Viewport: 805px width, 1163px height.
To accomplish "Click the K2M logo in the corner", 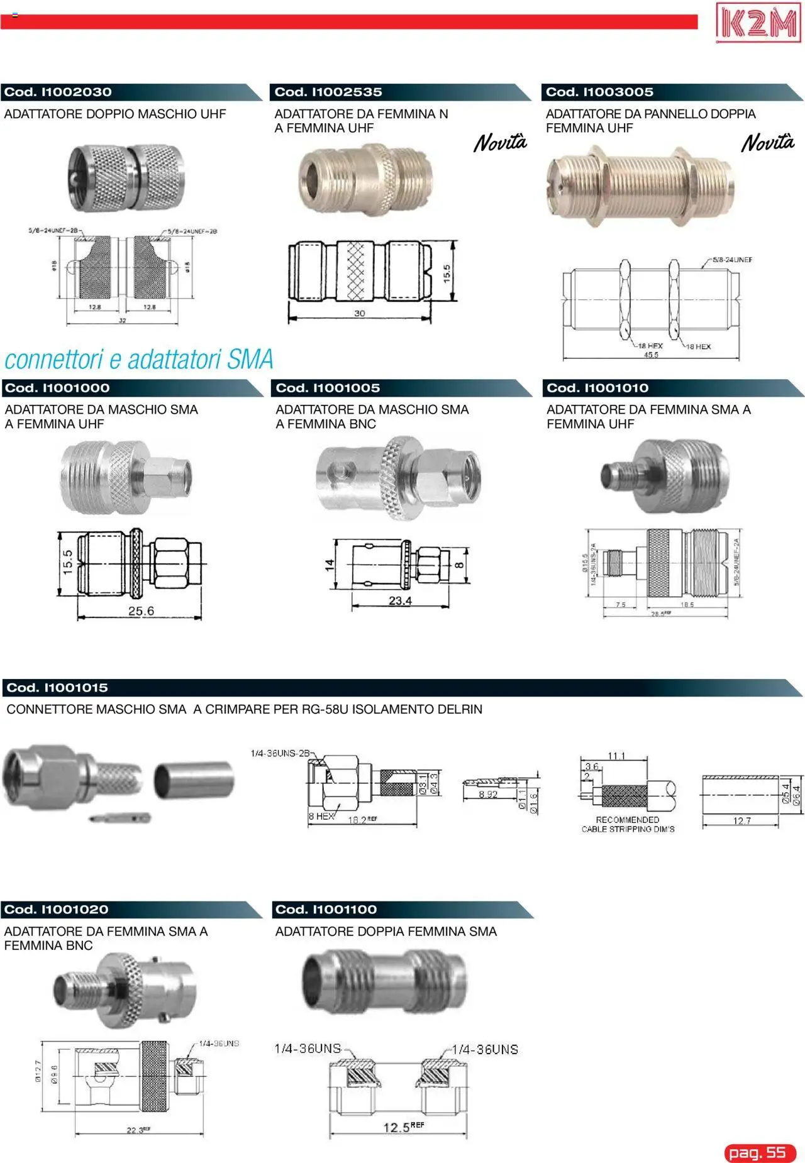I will tap(758, 23).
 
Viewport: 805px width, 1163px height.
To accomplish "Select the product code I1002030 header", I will tap(58, 92).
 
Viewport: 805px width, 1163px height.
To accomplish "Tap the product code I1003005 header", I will tap(599, 92).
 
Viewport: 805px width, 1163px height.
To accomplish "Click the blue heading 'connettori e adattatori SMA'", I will tap(139, 360).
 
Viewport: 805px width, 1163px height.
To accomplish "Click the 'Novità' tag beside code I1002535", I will tap(500, 143).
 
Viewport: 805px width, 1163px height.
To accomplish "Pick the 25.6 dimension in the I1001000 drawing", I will tap(141, 611).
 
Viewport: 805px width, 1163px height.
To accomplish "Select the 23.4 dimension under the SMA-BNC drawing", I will tap(400, 601).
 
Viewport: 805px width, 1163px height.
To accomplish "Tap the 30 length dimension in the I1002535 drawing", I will tap(359, 313).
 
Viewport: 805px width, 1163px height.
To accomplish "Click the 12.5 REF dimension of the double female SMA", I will tap(403, 1127).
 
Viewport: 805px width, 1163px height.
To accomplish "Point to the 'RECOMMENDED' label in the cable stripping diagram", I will tap(627, 820).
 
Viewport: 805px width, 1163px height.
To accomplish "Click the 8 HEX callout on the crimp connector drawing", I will tap(321, 816).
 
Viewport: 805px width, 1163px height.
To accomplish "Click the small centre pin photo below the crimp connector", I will tap(119, 818).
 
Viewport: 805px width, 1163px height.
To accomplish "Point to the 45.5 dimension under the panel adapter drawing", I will tap(651, 355).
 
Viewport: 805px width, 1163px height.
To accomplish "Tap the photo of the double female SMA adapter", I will tap(384, 981).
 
